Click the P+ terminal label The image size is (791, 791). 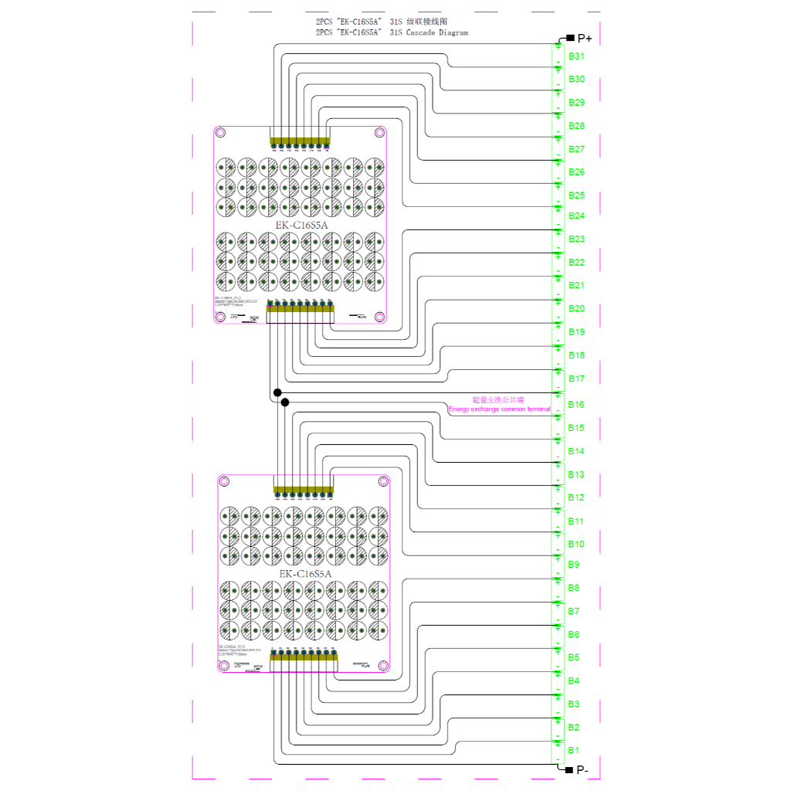click(x=584, y=38)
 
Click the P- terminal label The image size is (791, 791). click(x=582, y=770)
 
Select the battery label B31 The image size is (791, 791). click(x=576, y=56)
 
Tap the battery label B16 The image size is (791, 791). click(x=576, y=404)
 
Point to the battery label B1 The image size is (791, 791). click(x=574, y=750)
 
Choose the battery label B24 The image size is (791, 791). click(x=576, y=216)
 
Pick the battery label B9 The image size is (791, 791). click(x=574, y=565)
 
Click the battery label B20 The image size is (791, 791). click(x=576, y=309)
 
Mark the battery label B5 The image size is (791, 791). click(x=574, y=657)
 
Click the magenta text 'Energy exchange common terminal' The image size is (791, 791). click(x=499, y=409)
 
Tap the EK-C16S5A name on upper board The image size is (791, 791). click(x=302, y=226)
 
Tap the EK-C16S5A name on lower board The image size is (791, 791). click(x=305, y=574)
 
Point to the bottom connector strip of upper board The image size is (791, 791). click(x=300, y=314)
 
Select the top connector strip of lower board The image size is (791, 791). click(x=304, y=490)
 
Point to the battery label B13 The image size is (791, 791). click(x=576, y=474)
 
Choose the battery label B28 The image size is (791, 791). click(x=576, y=125)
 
